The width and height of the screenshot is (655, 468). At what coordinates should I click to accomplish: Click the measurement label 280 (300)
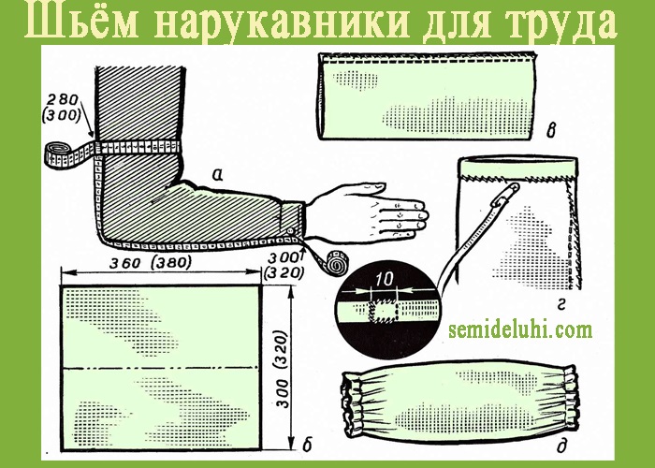[x=62, y=108]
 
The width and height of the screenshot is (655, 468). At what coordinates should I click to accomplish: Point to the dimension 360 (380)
[x=151, y=263]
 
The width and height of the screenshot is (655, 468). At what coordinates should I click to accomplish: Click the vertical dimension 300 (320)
[x=283, y=369]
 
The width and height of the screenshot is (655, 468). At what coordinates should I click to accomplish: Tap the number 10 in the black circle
[x=384, y=280]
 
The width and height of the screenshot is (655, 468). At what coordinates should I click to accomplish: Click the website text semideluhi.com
[x=520, y=329]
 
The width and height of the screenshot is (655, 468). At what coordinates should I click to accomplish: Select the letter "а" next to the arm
[x=217, y=175]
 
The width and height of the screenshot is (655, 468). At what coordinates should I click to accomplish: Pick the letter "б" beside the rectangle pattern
[x=307, y=445]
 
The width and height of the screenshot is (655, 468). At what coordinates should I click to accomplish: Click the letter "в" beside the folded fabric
[x=551, y=131]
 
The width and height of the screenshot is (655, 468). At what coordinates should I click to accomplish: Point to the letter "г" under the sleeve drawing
[x=561, y=307]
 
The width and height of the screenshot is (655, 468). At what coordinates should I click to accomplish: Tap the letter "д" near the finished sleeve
[x=561, y=447]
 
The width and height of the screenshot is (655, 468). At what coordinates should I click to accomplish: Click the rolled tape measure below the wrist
[x=337, y=261]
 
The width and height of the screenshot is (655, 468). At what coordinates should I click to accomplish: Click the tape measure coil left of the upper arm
[x=58, y=155]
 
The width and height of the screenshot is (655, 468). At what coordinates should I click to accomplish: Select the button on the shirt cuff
[x=289, y=231]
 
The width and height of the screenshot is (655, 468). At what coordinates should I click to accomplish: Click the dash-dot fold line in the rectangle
[x=160, y=369]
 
